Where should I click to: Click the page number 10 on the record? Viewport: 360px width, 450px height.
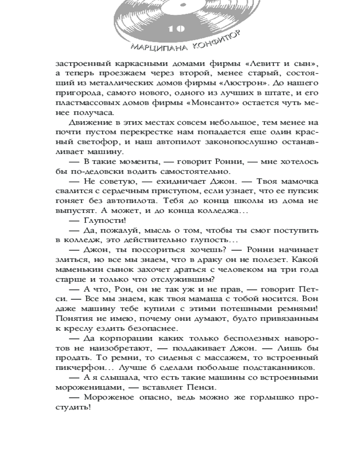(x=177, y=29)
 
